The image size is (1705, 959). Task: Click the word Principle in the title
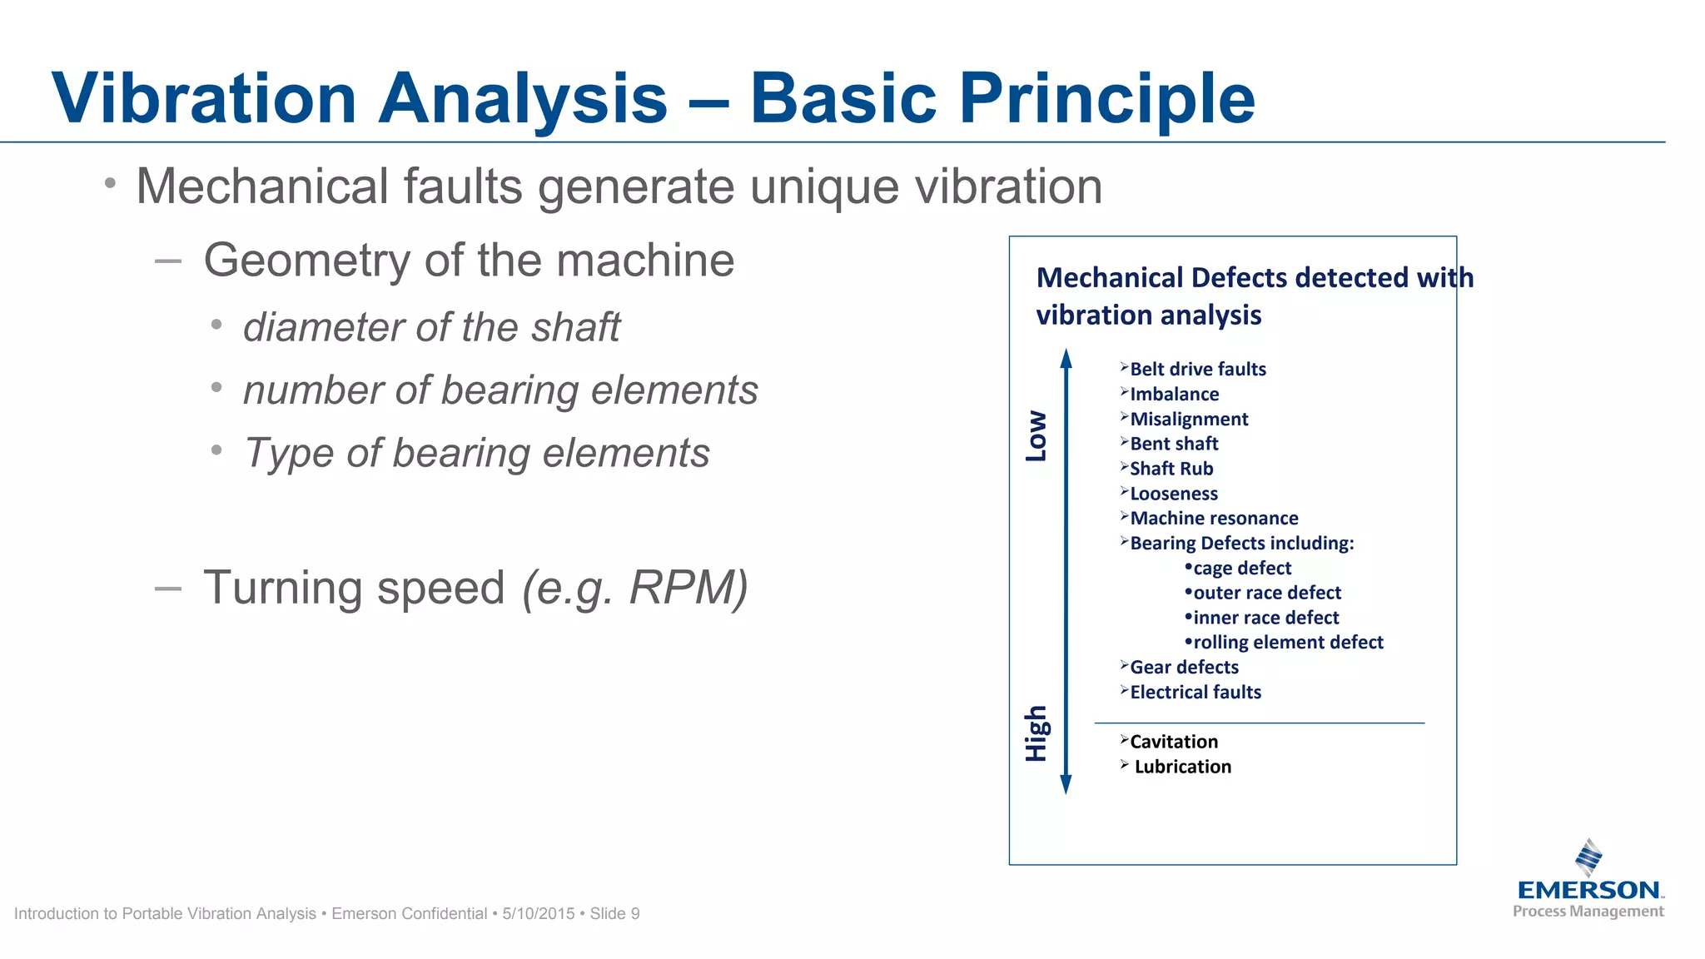[x=1106, y=98]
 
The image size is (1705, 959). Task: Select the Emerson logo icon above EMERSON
[x=1588, y=857]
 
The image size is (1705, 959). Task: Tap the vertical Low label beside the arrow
[x=1036, y=435]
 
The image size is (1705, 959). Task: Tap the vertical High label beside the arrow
[x=1036, y=733]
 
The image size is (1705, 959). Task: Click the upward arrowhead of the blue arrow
[x=1066, y=358]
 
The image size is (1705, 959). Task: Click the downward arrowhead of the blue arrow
[x=1066, y=784]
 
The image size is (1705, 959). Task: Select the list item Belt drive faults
[x=1197, y=369]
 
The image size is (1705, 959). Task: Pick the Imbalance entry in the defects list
[x=1174, y=394]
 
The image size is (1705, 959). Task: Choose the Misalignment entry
[x=1189, y=419]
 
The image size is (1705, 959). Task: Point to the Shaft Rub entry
[x=1171, y=469]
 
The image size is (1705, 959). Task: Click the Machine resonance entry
[x=1214, y=518]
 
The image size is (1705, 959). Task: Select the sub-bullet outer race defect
[x=1266, y=593]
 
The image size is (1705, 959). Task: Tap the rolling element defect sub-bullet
[x=1287, y=642]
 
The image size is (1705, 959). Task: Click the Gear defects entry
[x=1184, y=667]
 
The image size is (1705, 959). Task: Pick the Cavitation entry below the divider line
[x=1173, y=742]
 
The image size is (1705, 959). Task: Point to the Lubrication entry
[x=1182, y=767]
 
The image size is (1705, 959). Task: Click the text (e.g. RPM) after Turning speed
[x=634, y=588]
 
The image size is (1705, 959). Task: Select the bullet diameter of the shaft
[x=431, y=327]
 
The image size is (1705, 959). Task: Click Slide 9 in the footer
[x=614, y=913]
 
